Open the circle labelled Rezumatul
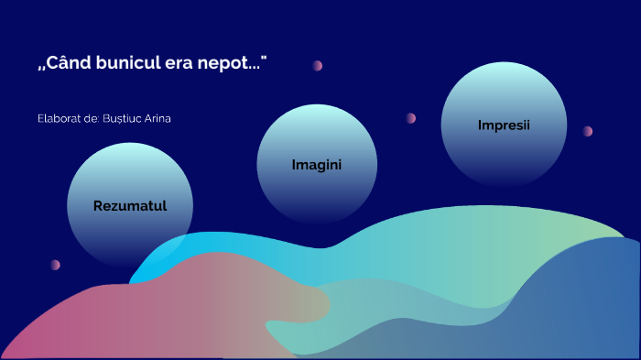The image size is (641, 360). pos(130,204)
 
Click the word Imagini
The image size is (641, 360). pos(317,165)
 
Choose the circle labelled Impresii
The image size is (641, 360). pos(504,125)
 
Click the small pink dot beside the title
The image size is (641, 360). pos(318,66)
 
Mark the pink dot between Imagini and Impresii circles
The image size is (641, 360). pos(411,118)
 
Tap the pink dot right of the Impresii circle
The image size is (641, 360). pos(588,131)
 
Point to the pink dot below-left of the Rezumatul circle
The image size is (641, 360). pos(55,265)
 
